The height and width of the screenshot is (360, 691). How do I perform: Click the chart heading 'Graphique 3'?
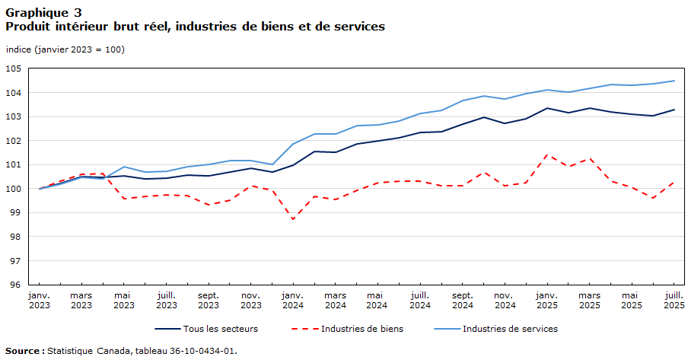point(43,11)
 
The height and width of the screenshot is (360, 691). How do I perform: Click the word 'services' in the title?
point(358,27)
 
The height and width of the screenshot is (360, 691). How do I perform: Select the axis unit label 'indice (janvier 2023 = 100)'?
point(65,49)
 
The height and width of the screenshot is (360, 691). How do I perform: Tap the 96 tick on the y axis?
point(14,285)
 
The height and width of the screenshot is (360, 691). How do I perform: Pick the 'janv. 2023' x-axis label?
point(40,299)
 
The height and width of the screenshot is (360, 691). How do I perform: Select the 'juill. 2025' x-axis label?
point(673,299)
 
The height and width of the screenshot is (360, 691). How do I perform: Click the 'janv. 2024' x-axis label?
point(293,299)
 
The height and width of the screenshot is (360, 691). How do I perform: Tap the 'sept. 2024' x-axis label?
point(462,299)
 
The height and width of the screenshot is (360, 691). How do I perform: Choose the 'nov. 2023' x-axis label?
point(250,299)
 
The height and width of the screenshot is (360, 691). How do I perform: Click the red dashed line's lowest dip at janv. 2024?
point(293,219)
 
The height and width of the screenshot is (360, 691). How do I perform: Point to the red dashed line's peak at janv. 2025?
point(546,155)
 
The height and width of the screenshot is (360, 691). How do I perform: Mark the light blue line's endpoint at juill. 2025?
point(673,81)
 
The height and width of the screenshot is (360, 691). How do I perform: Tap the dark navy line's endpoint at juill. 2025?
point(673,110)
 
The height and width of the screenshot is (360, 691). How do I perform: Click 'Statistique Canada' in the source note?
point(89,351)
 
